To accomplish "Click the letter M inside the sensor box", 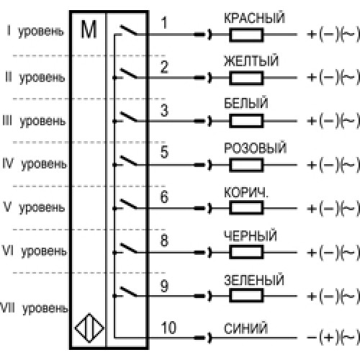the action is pos(89,30).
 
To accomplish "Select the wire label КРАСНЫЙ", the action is pos(255,17).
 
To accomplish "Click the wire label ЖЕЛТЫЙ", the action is pos(251,60).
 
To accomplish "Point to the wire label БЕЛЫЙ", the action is pos(246,103).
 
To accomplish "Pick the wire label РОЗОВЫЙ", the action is pos(256,148).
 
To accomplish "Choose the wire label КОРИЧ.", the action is pos(246,192).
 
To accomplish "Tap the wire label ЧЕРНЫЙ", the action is pos(251,235).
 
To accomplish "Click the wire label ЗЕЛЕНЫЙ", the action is pos(254,279).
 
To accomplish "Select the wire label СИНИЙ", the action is pos(246,328).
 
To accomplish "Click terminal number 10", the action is pos(168,328).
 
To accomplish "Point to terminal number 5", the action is pos(164,152).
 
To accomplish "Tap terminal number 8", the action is pos(164,240).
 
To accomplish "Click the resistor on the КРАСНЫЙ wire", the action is pos(246,35).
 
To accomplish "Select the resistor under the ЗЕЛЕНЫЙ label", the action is pos(246,295).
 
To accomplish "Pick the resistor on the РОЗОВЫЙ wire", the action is pos(246,165).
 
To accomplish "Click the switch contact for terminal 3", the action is pos(128,117).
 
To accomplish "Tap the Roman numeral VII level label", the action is pos(7,308).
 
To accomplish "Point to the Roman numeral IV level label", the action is pos(8,163).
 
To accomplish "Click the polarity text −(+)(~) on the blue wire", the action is pos(333,337).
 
